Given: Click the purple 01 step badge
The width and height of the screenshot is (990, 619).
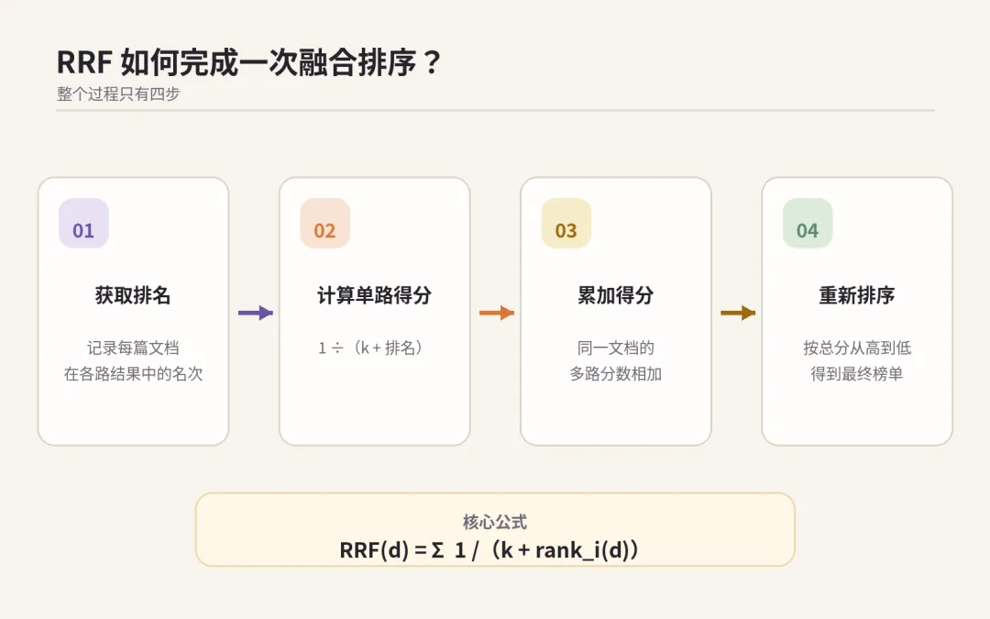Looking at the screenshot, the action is click(x=83, y=224).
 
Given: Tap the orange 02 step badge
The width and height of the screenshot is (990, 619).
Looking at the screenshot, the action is click(x=325, y=224).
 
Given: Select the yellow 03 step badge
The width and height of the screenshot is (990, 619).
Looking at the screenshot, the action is click(x=566, y=224).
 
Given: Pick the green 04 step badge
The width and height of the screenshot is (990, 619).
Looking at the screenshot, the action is click(x=808, y=224).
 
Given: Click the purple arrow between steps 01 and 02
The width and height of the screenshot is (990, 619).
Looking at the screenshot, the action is click(x=256, y=313).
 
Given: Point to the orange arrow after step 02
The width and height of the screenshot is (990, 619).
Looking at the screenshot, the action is click(x=497, y=313).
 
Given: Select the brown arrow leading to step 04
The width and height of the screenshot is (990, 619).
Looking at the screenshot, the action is click(x=738, y=313).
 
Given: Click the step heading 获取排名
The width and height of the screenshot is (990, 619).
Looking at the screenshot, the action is click(x=133, y=295).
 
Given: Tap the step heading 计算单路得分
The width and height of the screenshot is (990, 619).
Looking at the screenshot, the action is click(x=374, y=295).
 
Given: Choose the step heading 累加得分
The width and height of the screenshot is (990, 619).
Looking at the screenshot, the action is click(x=616, y=295).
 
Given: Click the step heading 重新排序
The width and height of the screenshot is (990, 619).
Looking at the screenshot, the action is click(x=857, y=295).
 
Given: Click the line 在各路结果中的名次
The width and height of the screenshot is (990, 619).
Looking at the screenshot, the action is click(x=133, y=374).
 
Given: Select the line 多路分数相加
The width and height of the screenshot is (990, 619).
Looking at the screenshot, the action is click(x=616, y=374).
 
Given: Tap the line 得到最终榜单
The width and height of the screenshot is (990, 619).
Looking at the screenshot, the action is click(x=857, y=374).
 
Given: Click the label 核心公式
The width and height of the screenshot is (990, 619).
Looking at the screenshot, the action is click(x=495, y=522).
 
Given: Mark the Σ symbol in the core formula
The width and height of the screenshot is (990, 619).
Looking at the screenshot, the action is click(x=437, y=550).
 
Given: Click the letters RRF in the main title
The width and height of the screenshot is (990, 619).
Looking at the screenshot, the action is click(x=84, y=62).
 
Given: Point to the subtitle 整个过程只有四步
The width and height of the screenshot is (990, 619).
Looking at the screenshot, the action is click(x=118, y=94).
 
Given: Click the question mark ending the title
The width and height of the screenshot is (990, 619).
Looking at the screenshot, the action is click(x=433, y=62).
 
